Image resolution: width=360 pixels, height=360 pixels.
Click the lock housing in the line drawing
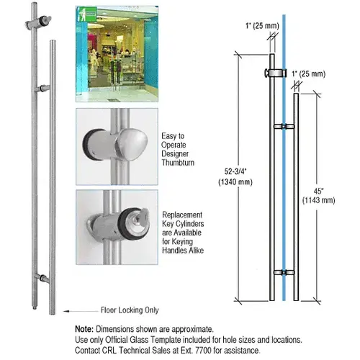273,73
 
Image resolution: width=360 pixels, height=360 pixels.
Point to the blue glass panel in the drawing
282,180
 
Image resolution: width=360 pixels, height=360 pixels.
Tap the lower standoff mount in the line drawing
284,272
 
